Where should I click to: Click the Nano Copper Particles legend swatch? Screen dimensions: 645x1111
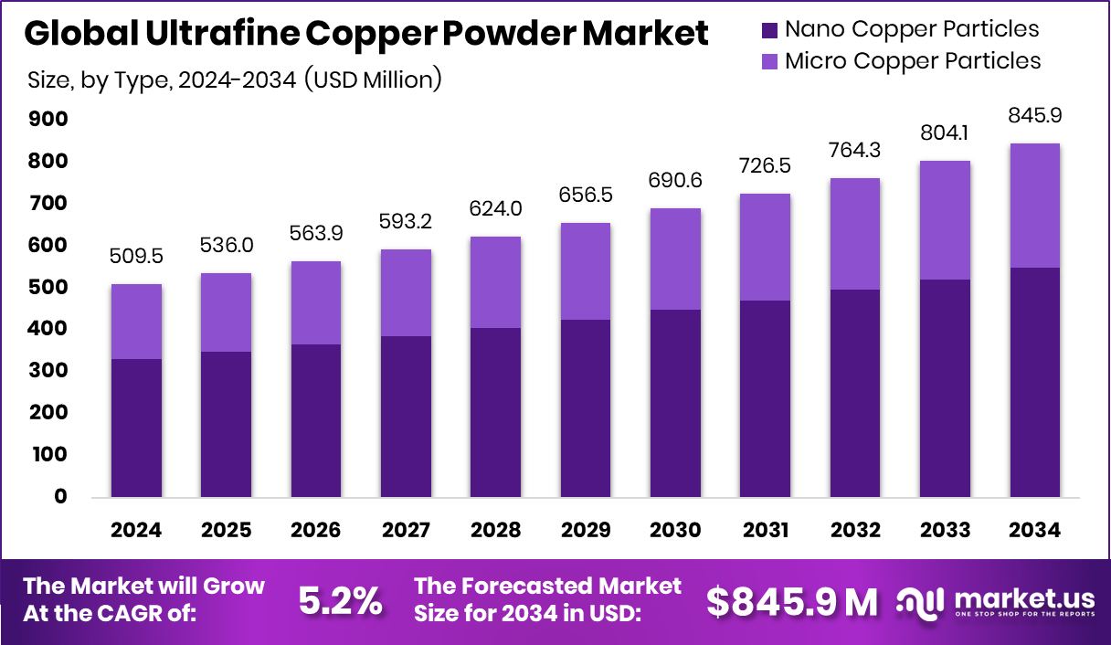[769, 30]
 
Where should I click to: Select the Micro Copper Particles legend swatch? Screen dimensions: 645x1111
[769, 62]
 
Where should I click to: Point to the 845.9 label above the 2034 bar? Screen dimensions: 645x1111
[1034, 116]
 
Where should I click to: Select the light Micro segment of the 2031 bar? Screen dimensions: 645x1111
[765, 247]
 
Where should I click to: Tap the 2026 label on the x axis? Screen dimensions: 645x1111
[316, 530]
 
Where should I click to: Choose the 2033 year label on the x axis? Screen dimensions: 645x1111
[945, 530]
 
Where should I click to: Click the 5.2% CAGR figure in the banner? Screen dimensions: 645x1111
[340, 601]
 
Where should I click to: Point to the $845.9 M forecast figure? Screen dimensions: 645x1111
[792, 601]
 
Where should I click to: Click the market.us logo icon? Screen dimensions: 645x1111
[920, 600]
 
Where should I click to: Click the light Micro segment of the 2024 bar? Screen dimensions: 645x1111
[136, 321]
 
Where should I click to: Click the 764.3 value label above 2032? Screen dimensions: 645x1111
[855, 151]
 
